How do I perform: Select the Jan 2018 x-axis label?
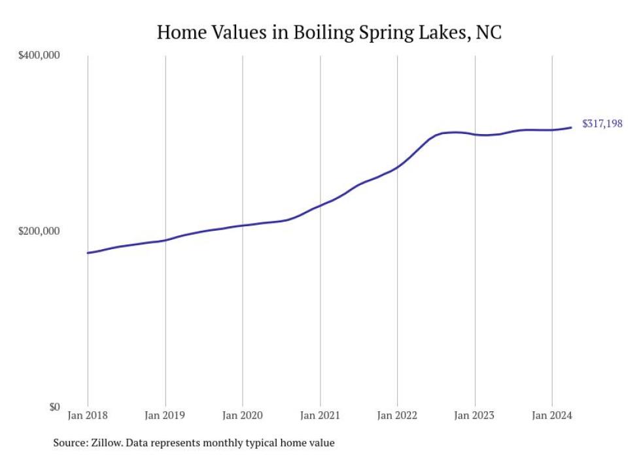(x=88, y=416)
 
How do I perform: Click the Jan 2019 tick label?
(x=165, y=416)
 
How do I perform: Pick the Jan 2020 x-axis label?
(x=243, y=416)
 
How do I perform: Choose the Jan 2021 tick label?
(x=320, y=416)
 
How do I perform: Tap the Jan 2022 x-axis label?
(x=397, y=416)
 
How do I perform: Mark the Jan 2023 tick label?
(x=475, y=416)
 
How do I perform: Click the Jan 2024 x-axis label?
(x=552, y=416)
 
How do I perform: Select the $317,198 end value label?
(x=602, y=124)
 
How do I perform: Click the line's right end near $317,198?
(x=571, y=127)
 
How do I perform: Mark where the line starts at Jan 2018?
(x=88, y=252)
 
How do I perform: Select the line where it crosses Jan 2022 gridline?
(x=397, y=167)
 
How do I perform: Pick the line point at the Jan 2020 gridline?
(x=243, y=225)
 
